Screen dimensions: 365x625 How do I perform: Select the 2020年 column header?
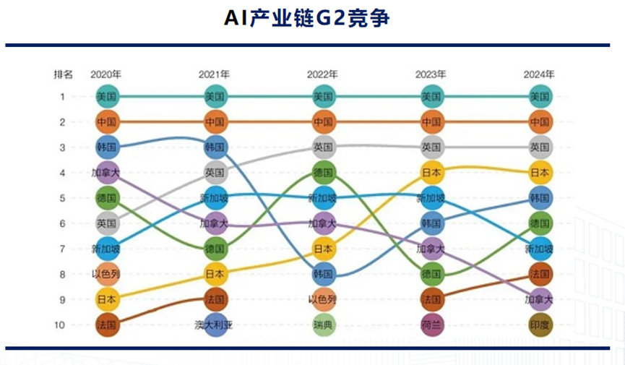(105, 74)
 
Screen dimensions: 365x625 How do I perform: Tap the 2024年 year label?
(540, 74)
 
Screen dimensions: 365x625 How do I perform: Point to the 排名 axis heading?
(63, 74)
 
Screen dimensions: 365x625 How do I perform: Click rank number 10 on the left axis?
(62, 325)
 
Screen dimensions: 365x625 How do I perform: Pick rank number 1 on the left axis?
(62, 96)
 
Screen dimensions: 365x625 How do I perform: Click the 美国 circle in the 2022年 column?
(323, 96)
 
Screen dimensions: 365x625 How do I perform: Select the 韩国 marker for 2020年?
(106, 147)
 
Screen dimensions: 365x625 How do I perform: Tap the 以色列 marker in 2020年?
(106, 274)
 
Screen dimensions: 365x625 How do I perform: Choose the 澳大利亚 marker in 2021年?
(215, 325)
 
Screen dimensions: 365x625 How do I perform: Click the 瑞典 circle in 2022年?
(323, 325)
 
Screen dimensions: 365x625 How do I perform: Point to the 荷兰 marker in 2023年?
(431, 325)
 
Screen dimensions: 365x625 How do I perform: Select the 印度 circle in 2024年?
(540, 325)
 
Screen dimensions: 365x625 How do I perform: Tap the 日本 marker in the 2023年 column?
(431, 173)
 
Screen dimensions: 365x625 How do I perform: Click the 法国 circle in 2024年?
(540, 274)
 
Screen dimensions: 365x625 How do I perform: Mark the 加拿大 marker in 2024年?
(540, 299)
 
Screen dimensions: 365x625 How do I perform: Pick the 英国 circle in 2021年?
(215, 173)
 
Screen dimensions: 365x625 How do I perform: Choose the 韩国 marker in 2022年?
(323, 274)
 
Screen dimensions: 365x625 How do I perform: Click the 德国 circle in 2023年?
(431, 274)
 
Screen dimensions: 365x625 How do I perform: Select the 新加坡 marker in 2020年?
(106, 249)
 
